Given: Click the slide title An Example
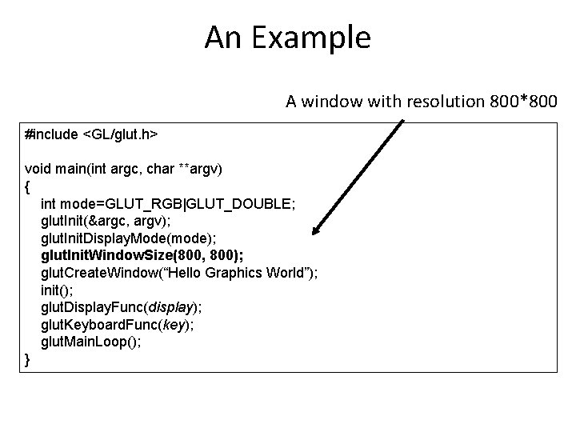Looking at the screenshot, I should (287, 37).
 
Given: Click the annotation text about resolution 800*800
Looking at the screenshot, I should (422, 102).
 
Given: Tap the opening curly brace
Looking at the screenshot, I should (29, 186).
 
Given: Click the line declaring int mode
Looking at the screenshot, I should (168, 204).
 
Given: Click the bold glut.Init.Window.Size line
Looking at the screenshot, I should (142, 255).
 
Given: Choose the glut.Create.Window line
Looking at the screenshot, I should (179, 273).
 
